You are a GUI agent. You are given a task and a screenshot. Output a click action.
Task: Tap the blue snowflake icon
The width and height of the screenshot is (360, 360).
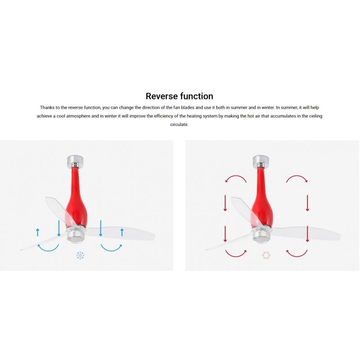(x=80, y=255)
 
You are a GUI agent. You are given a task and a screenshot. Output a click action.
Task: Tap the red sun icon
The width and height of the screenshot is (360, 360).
(x=266, y=255)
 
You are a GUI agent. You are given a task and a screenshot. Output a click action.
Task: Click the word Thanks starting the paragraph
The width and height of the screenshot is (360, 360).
(x=47, y=108)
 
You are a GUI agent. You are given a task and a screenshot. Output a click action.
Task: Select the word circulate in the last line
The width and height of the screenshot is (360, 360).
(x=179, y=125)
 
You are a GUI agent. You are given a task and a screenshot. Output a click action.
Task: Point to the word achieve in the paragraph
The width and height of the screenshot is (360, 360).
(x=44, y=116)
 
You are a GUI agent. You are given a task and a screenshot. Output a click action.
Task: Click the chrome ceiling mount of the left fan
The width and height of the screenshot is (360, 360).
(x=75, y=161)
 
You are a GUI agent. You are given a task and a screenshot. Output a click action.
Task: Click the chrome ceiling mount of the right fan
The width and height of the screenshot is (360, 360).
(x=261, y=161)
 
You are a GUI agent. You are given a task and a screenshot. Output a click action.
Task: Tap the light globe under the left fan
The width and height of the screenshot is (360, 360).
(x=76, y=238)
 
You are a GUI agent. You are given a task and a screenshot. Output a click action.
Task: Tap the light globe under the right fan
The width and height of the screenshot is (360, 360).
(x=261, y=238)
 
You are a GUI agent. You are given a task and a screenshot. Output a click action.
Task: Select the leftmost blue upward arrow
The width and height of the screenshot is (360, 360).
(x=38, y=232)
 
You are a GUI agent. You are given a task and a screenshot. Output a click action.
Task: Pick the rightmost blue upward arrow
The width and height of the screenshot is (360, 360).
(x=122, y=232)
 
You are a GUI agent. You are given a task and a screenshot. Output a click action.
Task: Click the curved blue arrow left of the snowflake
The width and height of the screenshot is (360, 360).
(x=48, y=250)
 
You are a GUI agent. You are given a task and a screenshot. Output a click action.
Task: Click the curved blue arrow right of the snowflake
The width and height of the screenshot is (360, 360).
(x=111, y=250)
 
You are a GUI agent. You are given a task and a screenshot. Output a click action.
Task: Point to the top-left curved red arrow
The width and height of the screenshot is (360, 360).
(x=236, y=176)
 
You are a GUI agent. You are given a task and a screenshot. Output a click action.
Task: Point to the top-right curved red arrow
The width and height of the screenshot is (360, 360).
(x=297, y=176)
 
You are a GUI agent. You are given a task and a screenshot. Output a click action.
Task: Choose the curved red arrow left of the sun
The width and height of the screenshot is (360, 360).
(x=236, y=256)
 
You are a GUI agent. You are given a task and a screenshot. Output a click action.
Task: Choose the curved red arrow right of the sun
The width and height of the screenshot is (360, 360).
(x=297, y=256)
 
